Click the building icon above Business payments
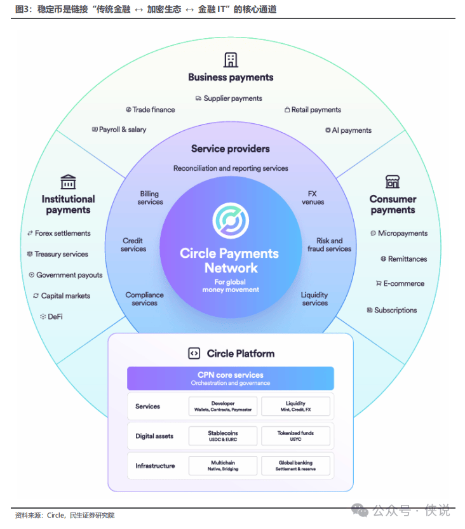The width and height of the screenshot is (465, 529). coord(231,60)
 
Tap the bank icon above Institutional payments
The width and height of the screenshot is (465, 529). coord(68,182)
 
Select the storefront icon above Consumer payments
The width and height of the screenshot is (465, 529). coord(393,182)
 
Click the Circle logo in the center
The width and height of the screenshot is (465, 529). coord(231,220)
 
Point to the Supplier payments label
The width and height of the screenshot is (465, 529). coord(229,98)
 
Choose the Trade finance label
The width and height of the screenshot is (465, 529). coord(151,110)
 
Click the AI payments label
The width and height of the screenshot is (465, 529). coord(348,130)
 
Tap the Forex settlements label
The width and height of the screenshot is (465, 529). coord(59,233)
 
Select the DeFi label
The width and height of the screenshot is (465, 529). coord(51,316)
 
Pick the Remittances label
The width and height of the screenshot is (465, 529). coord(404,258)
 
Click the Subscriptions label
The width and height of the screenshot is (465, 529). coord(392,310)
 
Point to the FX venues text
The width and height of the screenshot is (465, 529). coord(313,198)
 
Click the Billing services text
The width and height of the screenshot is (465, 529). coord(150,198)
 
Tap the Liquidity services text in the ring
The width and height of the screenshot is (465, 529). coord(314,299)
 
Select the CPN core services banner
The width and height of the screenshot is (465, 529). coord(231,378)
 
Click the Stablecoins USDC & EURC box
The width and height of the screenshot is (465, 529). coord(223,436)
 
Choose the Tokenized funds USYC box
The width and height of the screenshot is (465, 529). coord(295,436)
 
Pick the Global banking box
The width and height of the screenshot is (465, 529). coord(295,465)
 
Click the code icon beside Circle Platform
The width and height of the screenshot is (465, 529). coord(194,354)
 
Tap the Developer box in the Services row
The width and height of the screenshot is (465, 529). coord(223,406)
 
